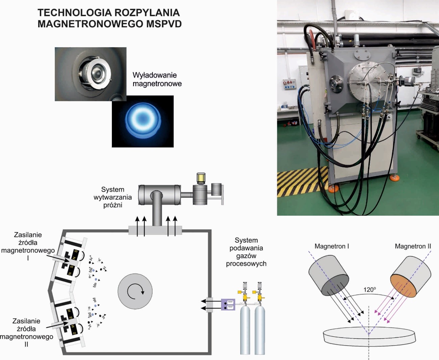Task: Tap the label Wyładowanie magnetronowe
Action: [x=157, y=79]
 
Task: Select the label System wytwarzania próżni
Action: [x=113, y=197]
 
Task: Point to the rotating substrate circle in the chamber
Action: [x=135, y=291]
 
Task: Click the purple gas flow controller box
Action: [x=228, y=305]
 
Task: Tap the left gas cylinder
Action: [x=245, y=329]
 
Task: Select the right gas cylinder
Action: [x=260, y=329]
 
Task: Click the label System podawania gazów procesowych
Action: [x=246, y=252]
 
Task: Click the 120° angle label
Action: [x=369, y=290]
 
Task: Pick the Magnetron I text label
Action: [x=332, y=246]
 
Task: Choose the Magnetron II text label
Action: [x=413, y=246]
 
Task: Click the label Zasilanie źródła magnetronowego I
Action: [x=28, y=246]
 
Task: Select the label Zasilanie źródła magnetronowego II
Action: [x=26, y=333]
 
